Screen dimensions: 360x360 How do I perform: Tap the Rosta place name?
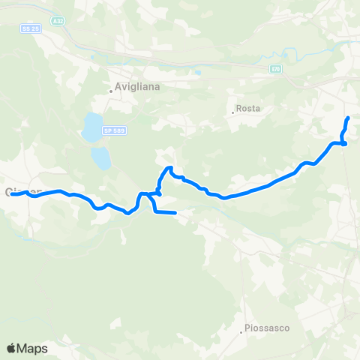pos(248,109)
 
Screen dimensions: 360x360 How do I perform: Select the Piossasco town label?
pos(267,328)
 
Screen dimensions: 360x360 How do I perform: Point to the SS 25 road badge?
pos(31,28)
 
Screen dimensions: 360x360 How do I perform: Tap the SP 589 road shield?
pos(114,130)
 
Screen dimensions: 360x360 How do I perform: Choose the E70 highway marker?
pos(275,67)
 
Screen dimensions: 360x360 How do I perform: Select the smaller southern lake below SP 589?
pos(100,157)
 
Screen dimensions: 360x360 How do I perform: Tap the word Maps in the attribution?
pos(33,349)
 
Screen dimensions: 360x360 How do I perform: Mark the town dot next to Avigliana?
pos(110,91)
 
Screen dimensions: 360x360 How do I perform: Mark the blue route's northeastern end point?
pos(348,118)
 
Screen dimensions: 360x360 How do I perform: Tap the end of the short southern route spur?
pos(175,214)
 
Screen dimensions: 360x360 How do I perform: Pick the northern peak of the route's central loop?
pos(169,168)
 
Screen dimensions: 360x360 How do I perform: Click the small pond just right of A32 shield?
pos(91,54)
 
